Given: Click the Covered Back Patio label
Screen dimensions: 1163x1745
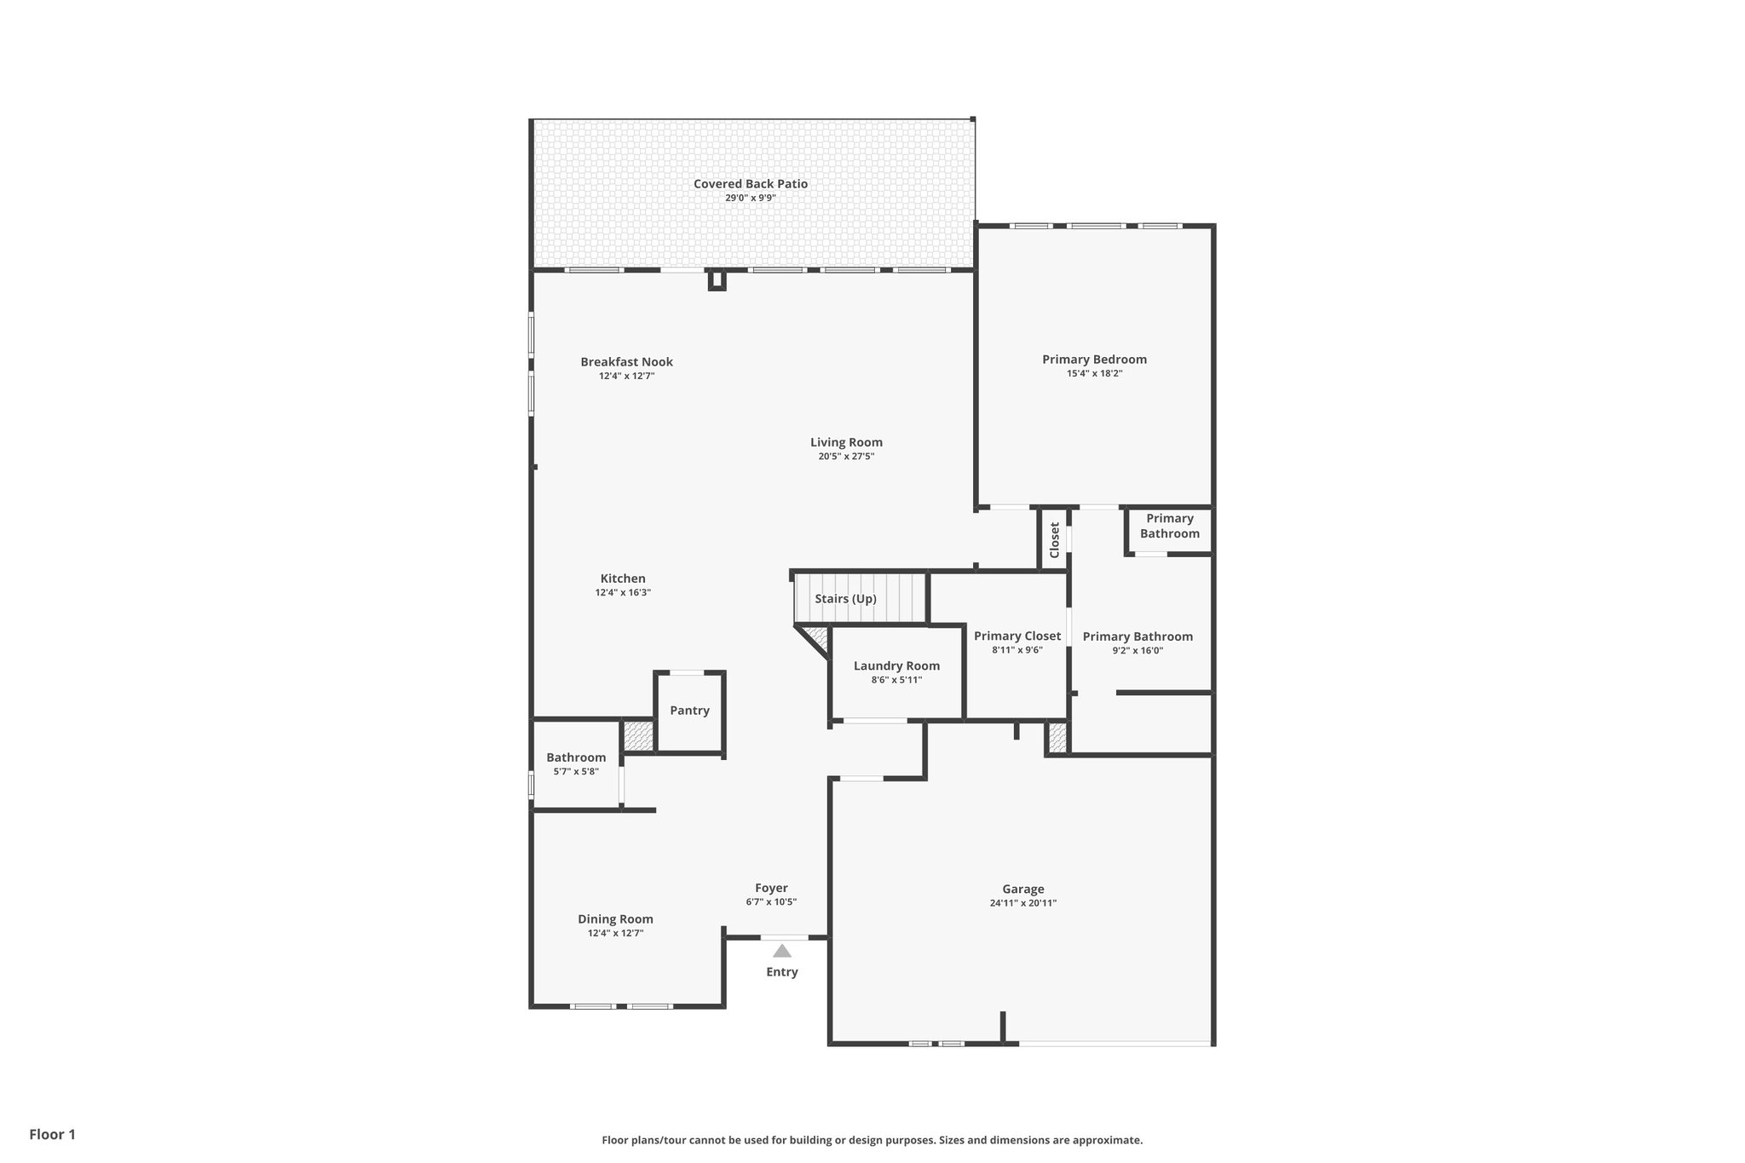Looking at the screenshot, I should [x=750, y=184].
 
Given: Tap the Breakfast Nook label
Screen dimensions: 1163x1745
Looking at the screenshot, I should [x=626, y=362].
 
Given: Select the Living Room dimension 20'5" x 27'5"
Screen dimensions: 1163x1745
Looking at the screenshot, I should [x=846, y=457].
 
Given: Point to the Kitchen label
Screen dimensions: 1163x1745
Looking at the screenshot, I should [x=623, y=579].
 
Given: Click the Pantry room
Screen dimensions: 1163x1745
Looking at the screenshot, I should [x=689, y=711].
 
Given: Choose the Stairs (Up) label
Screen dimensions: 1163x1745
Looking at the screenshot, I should [x=845, y=599].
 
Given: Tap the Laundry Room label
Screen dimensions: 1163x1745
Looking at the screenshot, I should [x=896, y=666].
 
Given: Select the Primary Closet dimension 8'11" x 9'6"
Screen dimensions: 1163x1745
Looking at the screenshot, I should [x=1017, y=650].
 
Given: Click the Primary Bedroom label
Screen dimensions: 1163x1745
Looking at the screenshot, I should [x=1094, y=360].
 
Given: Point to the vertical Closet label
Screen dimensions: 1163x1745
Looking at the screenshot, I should [x=1054, y=540].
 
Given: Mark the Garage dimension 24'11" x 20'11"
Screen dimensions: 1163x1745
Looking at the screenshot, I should [x=1022, y=903].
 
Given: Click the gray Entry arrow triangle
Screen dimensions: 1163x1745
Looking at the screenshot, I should [x=782, y=951].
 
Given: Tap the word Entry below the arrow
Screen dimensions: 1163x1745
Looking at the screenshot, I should [x=782, y=972].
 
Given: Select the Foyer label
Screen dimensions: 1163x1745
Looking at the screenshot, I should [x=771, y=888].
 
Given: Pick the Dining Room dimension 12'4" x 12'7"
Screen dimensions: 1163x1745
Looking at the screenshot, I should [x=615, y=933].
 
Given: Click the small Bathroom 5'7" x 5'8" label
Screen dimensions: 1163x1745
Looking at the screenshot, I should [x=576, y=757].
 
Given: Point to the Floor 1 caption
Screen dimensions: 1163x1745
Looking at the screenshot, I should [x=53, y=1134].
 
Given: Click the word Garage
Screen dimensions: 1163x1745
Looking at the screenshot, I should [x=1022, y=890].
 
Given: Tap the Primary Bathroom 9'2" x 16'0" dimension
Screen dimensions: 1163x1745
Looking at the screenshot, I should [x=1137, y=651].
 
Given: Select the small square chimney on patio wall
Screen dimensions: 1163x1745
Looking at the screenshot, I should [x=717, y=279].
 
